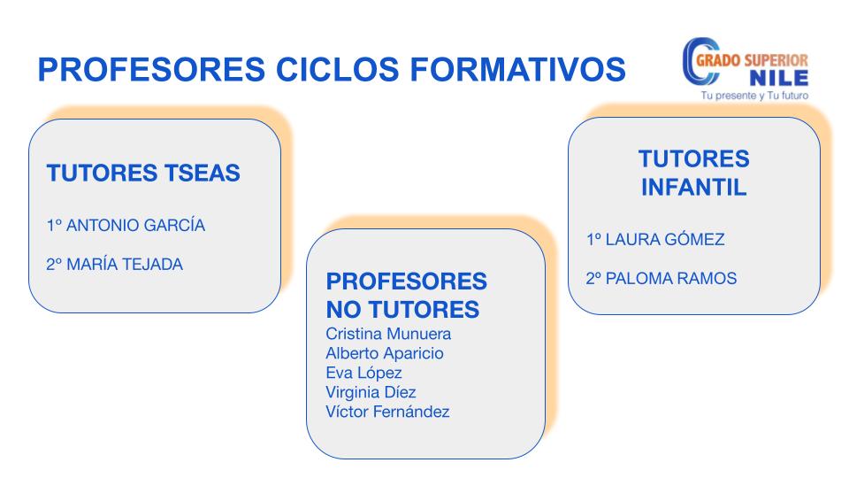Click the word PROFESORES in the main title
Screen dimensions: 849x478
151,69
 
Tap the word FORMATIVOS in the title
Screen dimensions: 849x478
517,69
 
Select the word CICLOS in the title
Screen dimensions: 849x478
337,69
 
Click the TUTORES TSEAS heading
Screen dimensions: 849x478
143,173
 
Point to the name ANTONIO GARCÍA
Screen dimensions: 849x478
135,225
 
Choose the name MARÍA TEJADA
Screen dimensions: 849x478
125,264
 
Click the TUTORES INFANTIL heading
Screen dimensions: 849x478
694,173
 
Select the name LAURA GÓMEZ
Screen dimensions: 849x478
665,239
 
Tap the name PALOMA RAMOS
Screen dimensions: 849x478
671,278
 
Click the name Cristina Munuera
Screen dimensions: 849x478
388,334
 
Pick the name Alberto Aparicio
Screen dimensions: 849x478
385,353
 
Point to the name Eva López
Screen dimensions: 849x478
363,373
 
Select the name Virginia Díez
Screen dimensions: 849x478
371,392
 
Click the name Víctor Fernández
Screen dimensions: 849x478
387,412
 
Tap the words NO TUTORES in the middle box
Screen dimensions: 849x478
403,310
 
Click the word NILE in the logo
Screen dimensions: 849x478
779,79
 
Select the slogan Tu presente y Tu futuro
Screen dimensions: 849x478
754,96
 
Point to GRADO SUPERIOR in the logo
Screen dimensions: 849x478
752,60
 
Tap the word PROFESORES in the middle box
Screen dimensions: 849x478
407,281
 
